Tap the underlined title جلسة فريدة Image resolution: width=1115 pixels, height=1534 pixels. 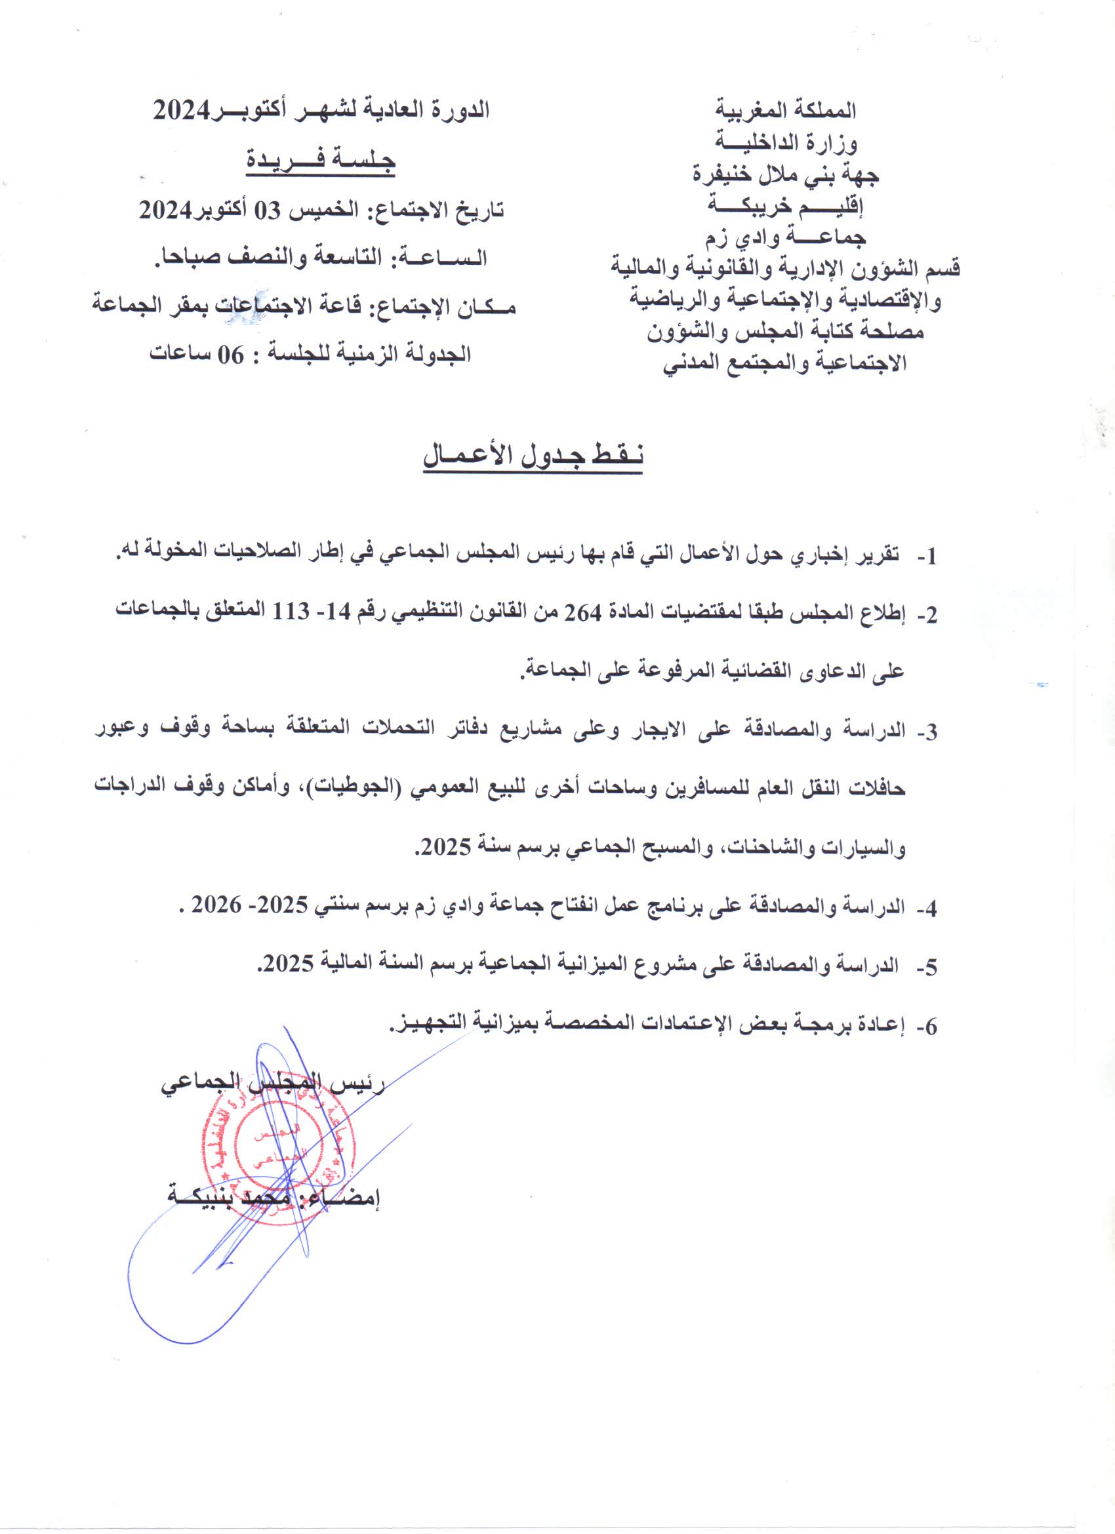click(320, 159)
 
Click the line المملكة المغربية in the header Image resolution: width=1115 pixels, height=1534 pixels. click(786, 109)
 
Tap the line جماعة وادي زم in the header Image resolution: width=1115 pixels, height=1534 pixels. click(786, 237)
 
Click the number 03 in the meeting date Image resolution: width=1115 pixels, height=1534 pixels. click(266, 211)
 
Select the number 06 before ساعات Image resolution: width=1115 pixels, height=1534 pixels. click(229, 354)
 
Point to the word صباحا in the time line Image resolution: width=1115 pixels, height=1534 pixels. click(182, 258)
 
